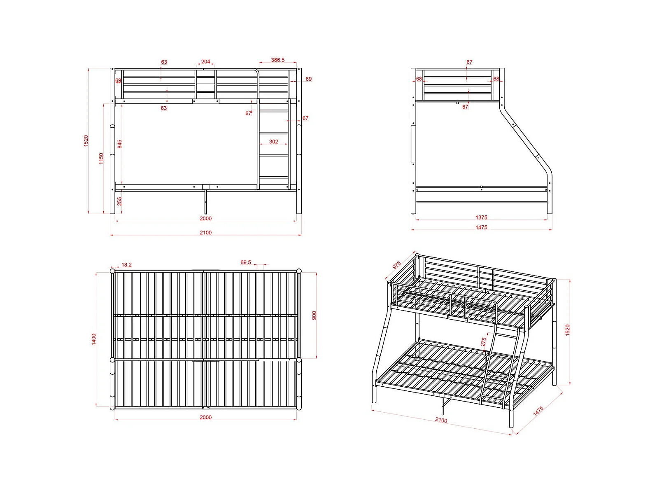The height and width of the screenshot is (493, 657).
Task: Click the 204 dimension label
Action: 205,62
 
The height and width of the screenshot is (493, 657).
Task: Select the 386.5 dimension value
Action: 277,60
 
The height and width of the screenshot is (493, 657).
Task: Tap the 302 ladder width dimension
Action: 273,142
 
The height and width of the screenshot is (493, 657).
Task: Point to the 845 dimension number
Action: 119,144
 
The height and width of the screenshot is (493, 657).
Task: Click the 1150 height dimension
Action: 101,159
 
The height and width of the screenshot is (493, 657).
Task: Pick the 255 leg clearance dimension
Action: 119,201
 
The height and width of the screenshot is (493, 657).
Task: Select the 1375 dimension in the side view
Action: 481,217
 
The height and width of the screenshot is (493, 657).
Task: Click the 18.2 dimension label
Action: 126,264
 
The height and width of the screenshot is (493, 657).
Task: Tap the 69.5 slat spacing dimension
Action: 245,262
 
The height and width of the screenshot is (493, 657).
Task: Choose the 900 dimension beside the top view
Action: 314,315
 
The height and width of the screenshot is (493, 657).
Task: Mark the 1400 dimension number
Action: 94,339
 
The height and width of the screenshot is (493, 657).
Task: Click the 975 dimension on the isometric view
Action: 396,265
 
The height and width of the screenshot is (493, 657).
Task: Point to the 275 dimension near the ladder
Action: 483,342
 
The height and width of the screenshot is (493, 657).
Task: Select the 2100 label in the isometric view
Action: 441,420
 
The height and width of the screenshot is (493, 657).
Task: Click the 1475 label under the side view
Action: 481,227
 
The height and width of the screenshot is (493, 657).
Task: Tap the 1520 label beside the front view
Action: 86,141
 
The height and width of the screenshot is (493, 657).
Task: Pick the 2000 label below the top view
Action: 205,417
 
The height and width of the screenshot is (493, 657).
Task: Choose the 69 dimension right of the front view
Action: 308,79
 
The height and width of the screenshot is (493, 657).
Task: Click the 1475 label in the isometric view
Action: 538,411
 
